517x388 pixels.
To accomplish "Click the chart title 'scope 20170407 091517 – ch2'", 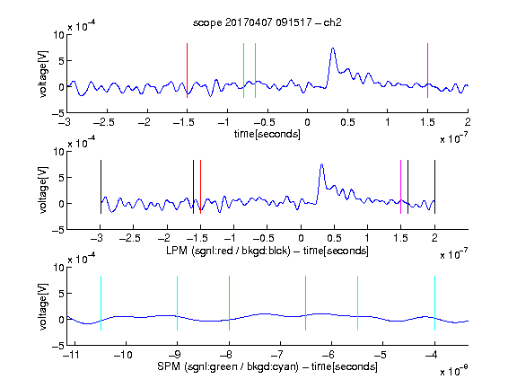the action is pos(267,22).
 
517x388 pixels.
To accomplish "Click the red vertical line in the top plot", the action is pos(187,70).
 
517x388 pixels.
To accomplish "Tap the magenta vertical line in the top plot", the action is pos(427,70).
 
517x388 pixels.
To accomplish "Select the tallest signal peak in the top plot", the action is pos(333,48).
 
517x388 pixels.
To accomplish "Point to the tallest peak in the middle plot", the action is pos(322,164).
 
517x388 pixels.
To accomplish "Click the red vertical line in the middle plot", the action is pos(200,187).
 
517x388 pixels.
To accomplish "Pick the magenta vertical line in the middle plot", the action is pos(400,187).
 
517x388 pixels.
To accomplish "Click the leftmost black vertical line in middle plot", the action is pos(101,187).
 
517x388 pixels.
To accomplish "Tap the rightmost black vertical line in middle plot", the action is pos(434,187).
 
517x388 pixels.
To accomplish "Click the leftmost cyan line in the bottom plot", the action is pos(101,303).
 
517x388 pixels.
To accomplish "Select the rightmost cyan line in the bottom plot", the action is pos(434,303).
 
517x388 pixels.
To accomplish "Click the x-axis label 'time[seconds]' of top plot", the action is pos(267,134).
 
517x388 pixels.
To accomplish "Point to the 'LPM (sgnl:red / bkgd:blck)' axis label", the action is pos(228,251).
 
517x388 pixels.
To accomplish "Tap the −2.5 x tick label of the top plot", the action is pos(104,122).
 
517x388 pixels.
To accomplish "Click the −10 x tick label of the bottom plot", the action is pos(123,355).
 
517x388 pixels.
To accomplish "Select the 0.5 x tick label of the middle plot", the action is pos(334,238).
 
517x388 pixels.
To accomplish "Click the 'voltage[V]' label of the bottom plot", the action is pos(43,306).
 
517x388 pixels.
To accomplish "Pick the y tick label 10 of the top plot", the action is pos(58,35).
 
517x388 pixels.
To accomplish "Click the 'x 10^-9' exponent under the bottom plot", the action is pos(454,370).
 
